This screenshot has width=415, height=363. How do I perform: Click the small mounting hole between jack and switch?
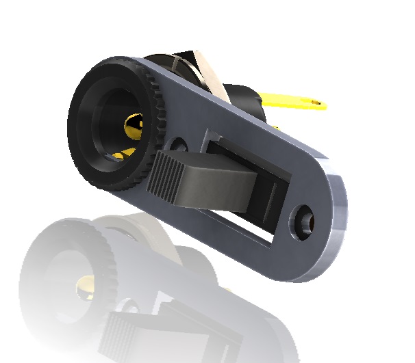(179, 145)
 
